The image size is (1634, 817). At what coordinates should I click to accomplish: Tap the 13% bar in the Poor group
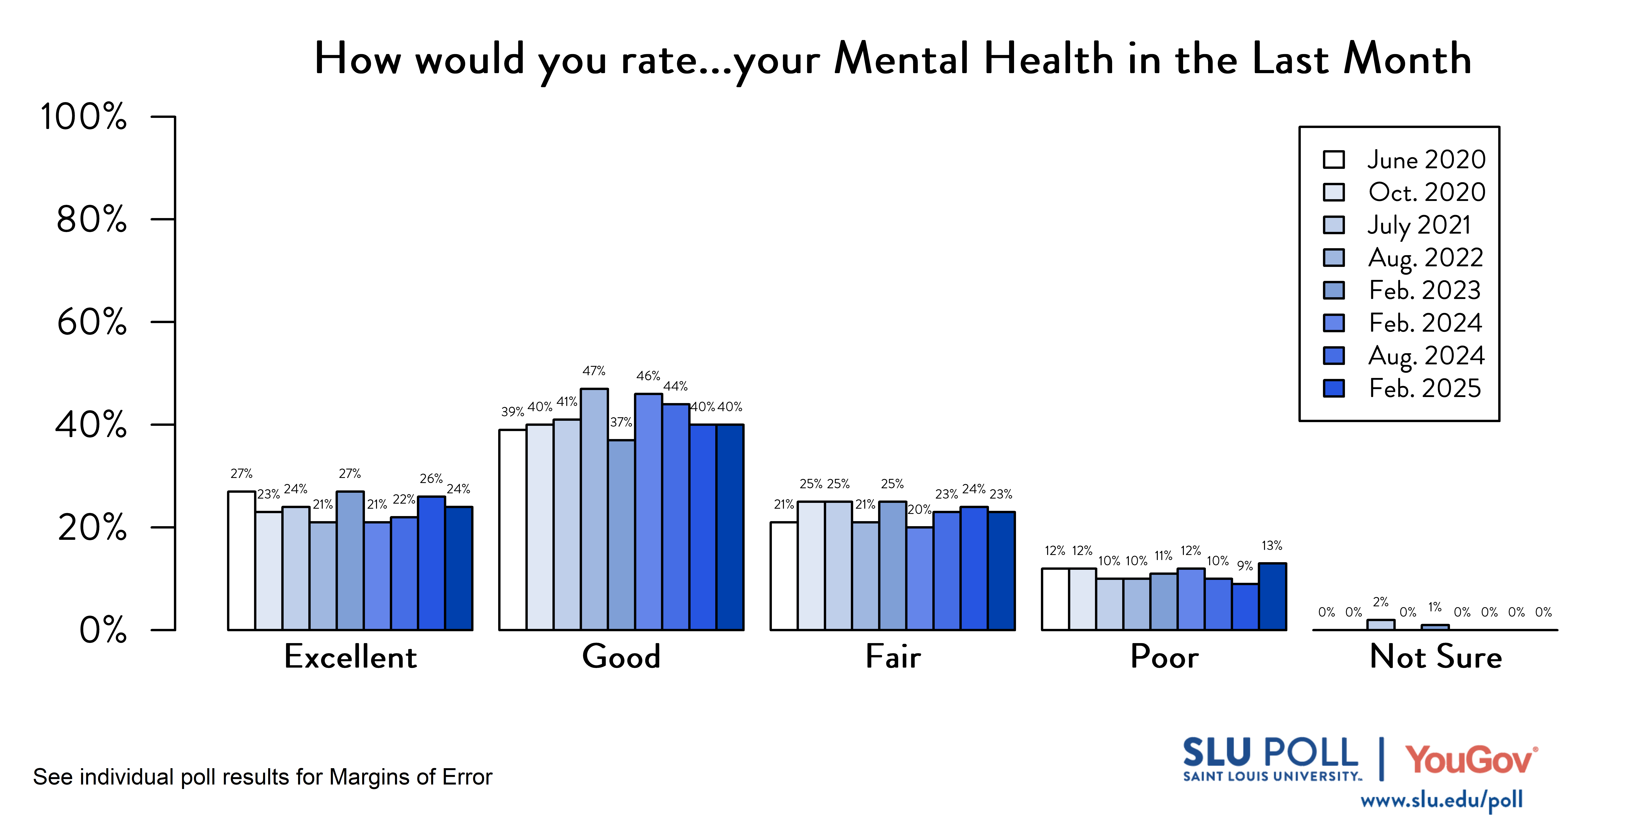pyautogui.click(x=1272, y=596)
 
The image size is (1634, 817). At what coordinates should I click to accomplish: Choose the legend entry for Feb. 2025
pyautogui.click(x=1424, y=388)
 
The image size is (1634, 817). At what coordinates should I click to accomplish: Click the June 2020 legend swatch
pyautogui.click(x=1334, y=159)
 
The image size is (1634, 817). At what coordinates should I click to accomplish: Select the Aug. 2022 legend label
pyautogui.click(x=1425, y=258)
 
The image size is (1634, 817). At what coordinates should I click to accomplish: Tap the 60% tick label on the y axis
pyautogui.click(x=92, y=322)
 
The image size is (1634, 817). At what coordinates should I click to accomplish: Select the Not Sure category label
pyautogui.click(x=1435, y=657)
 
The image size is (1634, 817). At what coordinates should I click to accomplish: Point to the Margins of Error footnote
pyautogui.click(x=263, y=777)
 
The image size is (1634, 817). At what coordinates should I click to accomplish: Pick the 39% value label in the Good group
pyautogui.click(x=513, y=412)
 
